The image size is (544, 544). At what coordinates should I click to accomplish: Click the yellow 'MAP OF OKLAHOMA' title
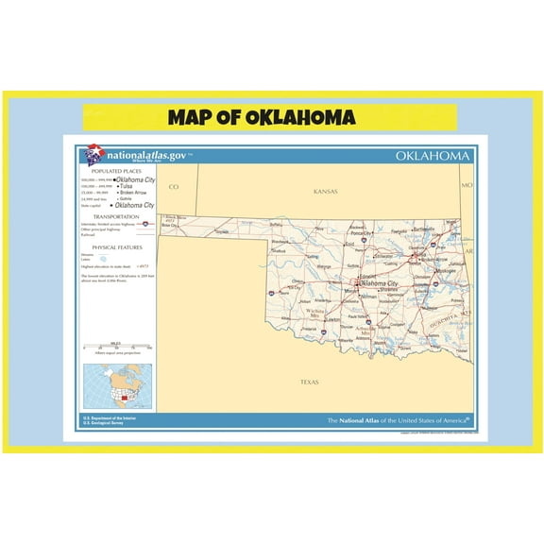[262, 118]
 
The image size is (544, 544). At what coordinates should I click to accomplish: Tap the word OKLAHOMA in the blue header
[433, 155]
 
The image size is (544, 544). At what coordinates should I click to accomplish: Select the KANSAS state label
[325, 191]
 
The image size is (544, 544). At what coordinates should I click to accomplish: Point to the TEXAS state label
[309, 382]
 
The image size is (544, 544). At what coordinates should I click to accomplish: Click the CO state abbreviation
[173, 187]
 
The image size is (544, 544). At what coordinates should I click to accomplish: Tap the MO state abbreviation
[466, 186]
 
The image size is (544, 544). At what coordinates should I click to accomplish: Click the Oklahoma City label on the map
[378, 282]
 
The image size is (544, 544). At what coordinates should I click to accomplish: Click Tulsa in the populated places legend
[126, 186]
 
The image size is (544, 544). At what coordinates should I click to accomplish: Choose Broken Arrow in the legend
[132, 193]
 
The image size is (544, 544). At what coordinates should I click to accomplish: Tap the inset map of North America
[117, 385]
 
